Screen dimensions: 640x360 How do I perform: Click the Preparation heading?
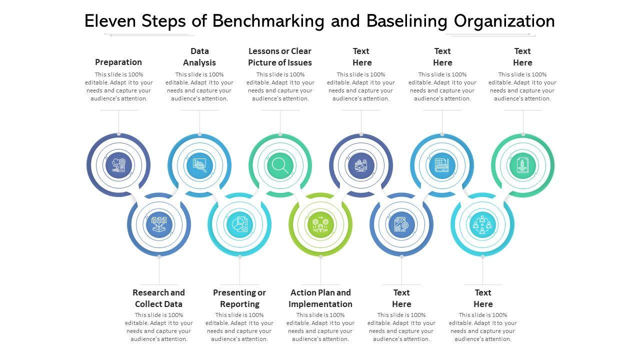click(118, 62)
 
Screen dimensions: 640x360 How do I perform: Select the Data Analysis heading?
click(199, 56)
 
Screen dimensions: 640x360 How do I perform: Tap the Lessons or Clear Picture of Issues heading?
click(280, 56)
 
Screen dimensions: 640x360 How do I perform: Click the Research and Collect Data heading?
click(158, 298)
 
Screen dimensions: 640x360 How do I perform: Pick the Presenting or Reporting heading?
click(239, 298)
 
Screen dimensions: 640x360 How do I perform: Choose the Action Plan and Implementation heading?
click(320, 298)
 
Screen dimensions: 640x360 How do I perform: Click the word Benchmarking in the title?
click(282, 21)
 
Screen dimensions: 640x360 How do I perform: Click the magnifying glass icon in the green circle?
click(280, 165)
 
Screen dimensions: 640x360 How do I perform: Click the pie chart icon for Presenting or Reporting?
click(239, 224)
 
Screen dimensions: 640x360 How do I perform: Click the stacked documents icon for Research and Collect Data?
click(158, 224)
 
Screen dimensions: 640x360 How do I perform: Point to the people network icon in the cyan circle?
click(482, 224)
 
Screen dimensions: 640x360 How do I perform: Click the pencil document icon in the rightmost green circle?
click(522, 165)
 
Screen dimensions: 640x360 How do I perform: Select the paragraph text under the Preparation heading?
click(118, 86)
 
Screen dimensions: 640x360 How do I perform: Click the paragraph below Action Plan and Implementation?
click(320, 327)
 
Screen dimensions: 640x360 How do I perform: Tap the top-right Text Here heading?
click(522, 56)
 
